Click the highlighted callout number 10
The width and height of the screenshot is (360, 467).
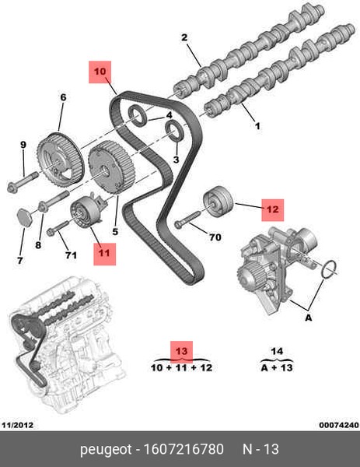pos(100,72)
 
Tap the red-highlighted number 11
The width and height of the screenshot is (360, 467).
pos(104,254)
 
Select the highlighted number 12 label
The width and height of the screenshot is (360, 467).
pos(273,210)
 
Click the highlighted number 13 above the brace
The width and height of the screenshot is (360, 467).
pos(181,352)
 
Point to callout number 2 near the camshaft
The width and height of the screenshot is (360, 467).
pos(184,37)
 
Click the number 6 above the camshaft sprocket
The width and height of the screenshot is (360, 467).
pos(63,97)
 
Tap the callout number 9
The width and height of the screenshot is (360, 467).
pos(23,145)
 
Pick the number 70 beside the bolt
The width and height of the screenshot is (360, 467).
pos(215,237)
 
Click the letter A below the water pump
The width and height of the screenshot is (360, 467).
pos(309,318)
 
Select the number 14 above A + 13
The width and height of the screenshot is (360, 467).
pos(277,351)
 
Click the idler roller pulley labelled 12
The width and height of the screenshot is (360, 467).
pos(218,202)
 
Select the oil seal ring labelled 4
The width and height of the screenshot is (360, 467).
pos(138,115)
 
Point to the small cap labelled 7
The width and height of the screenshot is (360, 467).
pos(23,218)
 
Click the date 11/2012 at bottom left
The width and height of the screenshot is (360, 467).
pos(17,425)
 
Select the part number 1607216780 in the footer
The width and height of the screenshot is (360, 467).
pos(183,449)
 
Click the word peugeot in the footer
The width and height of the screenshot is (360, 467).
pos(106,450)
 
